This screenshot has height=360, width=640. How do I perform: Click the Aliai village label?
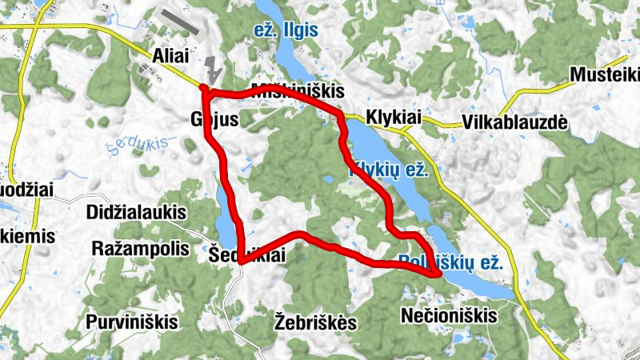(x=170, y=56)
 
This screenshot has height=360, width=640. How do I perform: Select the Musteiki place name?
(x=605, y=74)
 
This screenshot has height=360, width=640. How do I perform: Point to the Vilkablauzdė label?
(x=514, y=122)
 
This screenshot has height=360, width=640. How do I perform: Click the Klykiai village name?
(x=392, y=117)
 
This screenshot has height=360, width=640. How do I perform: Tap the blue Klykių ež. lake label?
(x=390, y=170)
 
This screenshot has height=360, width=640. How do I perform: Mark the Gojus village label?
(x=210, y=118)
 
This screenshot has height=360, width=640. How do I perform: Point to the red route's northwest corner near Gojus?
(x=204, y=90)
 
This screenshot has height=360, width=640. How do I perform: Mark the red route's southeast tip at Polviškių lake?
(x=438, y=274)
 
